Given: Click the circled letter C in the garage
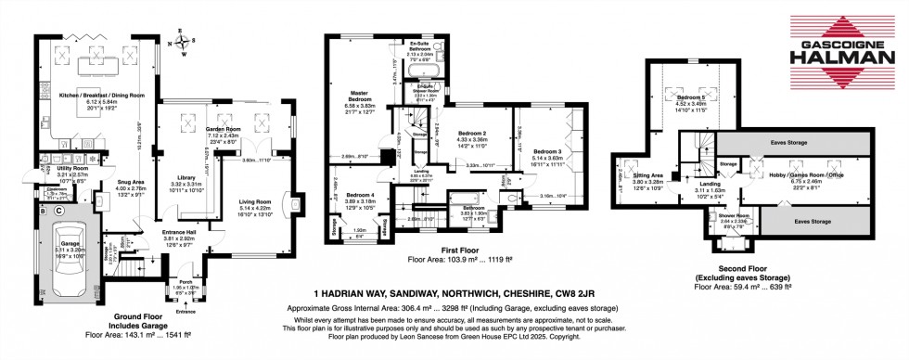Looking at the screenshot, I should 58,211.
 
